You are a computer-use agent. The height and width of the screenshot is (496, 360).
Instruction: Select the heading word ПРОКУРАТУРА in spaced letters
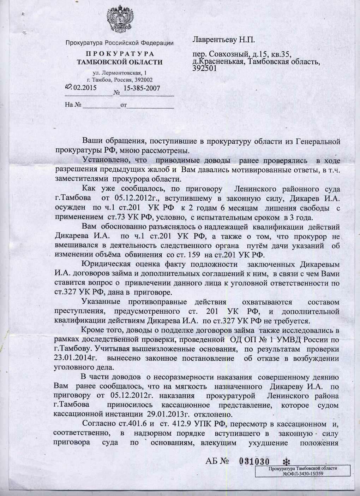coord(120,54)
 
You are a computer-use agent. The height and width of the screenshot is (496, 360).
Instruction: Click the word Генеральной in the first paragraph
coord(316,142)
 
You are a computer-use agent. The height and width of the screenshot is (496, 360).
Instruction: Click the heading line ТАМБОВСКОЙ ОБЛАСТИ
coord(120,63)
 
